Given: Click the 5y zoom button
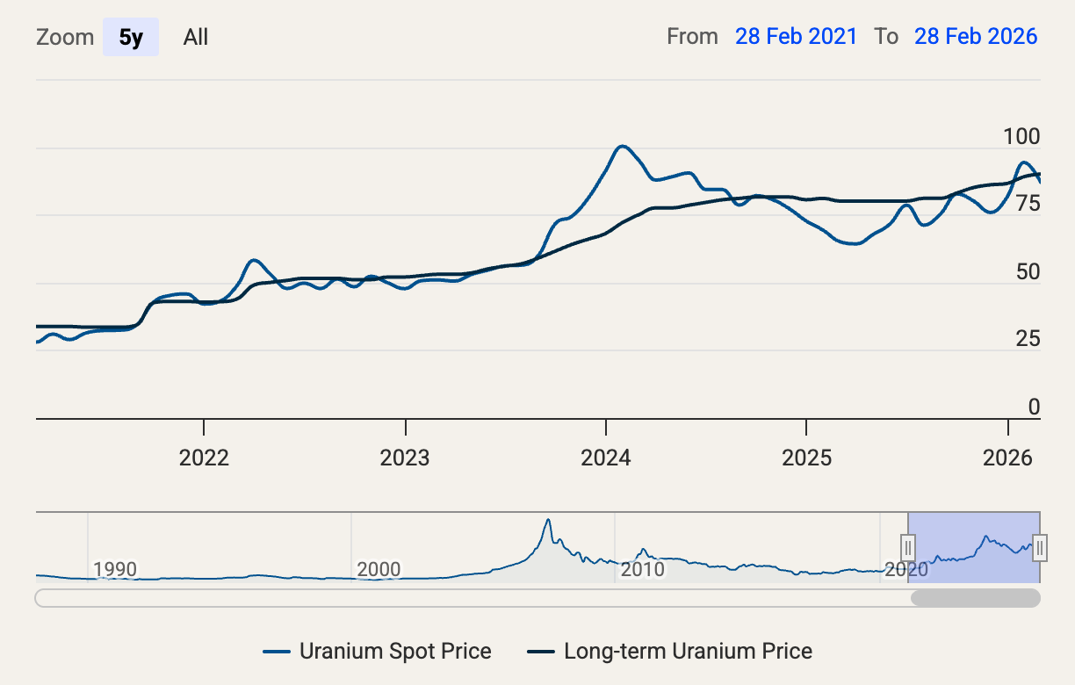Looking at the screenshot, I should coord(131,37).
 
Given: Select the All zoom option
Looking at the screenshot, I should coord(196,37).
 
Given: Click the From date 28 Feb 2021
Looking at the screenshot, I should coord(796,36).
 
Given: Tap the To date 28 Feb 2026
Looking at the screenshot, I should coord(976,36).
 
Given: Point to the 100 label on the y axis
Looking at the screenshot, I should coord(1021,137).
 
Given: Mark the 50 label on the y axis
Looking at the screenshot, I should coord(1027,272).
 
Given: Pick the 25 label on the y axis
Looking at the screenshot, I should coord(1027,340).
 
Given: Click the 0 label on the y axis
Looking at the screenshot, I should coord(1034,407).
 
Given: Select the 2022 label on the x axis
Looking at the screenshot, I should coord(204,458).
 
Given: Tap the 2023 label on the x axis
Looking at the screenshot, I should coord(405,458).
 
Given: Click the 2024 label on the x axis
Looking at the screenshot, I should coord(606,458).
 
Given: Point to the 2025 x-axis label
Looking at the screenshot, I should coord(806,458).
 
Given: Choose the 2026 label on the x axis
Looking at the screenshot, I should coord(1007,458).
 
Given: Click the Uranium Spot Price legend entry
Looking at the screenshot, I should coord(377,652).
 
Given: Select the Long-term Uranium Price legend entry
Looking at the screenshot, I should coord(669,652).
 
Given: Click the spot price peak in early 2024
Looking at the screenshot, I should coord(621,146).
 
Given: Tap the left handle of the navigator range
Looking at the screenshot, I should coord(908,547).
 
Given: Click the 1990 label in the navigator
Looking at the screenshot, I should coord(115,569).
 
